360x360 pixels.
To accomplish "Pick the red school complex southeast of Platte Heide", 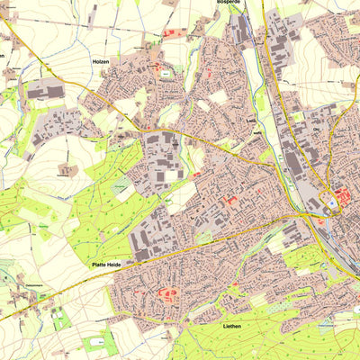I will point(166,293).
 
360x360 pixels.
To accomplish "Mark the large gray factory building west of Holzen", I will point(44,91).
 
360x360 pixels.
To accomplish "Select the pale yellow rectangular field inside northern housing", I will point(219,97).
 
